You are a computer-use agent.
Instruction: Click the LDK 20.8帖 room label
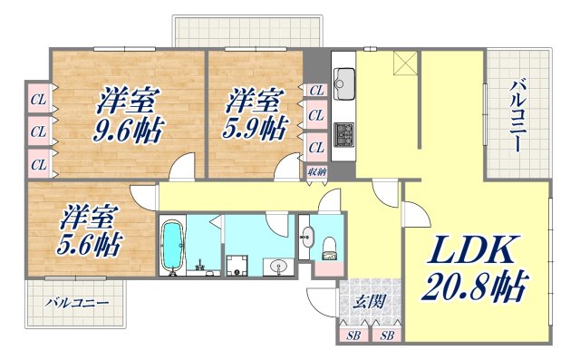(x=473, y=269)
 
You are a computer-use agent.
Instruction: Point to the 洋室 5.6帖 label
(x=90, y=230)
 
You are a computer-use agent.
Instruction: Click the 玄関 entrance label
(x=365, y=302)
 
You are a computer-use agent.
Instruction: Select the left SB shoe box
(x=353, y=336)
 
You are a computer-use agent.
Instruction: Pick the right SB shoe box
(x=387, y=336)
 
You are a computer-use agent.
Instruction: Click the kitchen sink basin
(x=345, y=86)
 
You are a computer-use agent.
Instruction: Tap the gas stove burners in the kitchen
(x=344, y=135)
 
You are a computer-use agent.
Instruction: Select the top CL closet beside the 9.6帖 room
(x=39, y=97)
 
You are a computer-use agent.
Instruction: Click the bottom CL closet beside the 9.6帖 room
(x=39, y=164)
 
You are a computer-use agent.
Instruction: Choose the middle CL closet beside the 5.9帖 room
(x=316, y=116)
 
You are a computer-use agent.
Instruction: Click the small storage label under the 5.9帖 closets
(x=316, y=170)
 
